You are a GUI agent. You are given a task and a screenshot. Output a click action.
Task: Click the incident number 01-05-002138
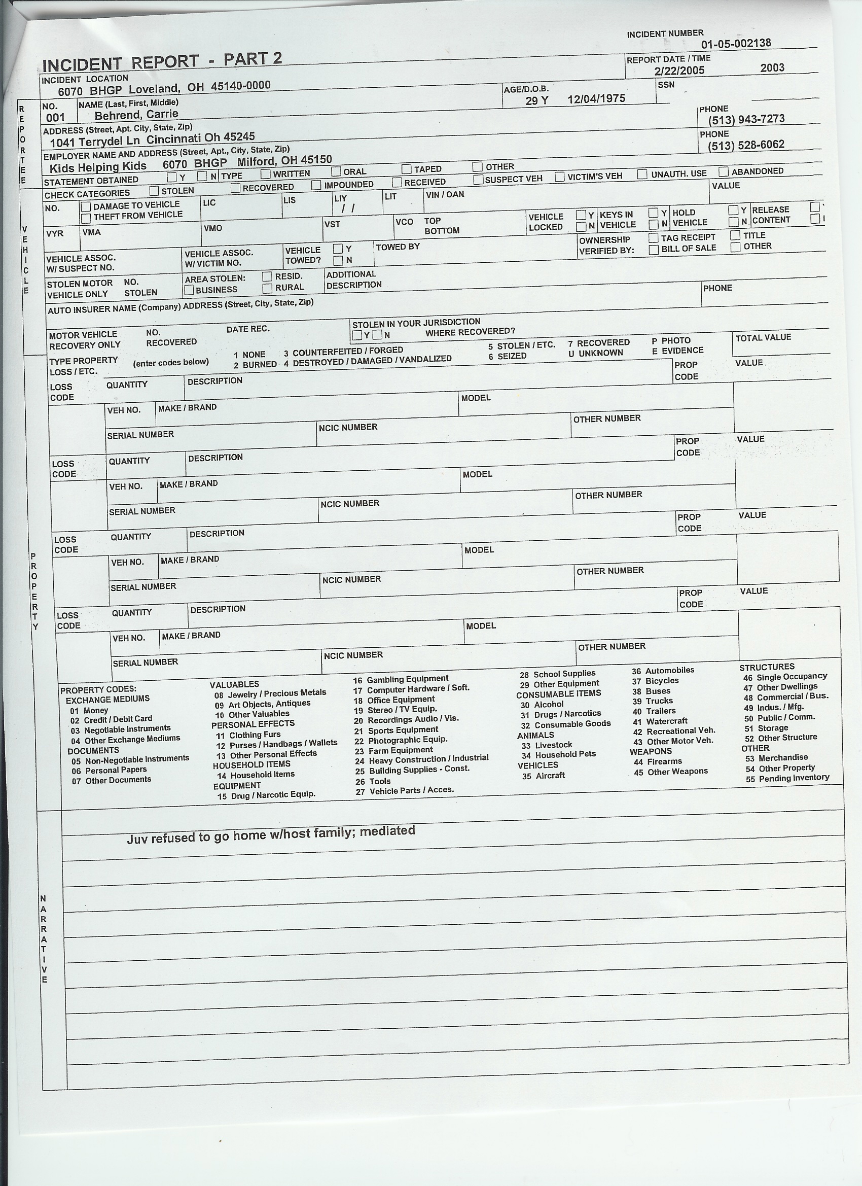coord(736,44)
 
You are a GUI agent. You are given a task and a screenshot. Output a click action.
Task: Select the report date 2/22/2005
coord(679,71)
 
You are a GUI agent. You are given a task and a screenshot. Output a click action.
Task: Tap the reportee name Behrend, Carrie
coord(136,115)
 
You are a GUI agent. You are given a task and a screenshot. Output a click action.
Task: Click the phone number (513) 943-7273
coord(746,119)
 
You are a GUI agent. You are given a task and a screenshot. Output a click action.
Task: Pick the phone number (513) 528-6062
coord(746,145)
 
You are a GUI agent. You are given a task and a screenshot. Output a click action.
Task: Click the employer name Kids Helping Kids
coord(98,167)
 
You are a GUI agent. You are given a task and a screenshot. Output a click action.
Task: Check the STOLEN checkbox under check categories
coord(154,191)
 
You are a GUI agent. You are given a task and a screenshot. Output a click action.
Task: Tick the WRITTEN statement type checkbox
coord(266,173)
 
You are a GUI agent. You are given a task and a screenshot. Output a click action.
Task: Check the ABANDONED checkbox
coord(724,171)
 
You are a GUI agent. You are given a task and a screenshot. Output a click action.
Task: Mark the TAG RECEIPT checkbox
coord(653,237)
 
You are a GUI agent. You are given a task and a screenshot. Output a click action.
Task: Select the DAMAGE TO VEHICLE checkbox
coord(86,206)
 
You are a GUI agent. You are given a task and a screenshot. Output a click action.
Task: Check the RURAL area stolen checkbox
coord(267,288)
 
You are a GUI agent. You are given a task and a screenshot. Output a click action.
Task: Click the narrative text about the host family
coord(271,835)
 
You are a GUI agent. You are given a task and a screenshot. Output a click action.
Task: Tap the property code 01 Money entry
coord(89,711)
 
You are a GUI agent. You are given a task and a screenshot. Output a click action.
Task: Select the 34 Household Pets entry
coord(558,755)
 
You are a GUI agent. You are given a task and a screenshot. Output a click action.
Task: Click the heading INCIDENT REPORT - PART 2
coord(162,62)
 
